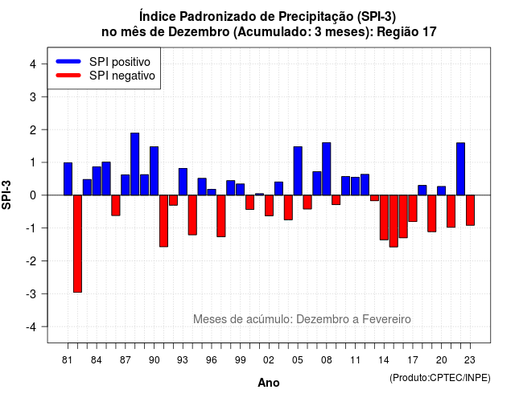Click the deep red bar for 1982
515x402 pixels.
pos(77,244)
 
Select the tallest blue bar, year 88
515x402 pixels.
pos(134,164)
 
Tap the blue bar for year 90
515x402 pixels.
pos(154,171)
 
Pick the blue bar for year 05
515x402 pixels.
pos(298,171)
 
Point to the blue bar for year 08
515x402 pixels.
pos(327,169)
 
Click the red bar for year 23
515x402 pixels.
pos(470,210)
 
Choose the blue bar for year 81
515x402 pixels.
pos(68,178)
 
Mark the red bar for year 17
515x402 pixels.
pos(413,208)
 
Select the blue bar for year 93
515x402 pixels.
pos(183,182)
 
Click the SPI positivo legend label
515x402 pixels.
pos(120,62)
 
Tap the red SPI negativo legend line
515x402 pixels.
pos(68,76)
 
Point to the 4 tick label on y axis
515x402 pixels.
pos(33,64)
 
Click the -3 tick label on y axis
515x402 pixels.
pos(31,293)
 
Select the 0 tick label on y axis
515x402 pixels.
pos(33,195)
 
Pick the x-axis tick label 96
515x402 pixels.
pos(212,360)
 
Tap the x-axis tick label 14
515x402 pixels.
pos(384,360)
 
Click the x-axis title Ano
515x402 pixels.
pos(269,383)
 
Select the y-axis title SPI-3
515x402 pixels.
pos(6,195)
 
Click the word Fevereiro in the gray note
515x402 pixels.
pos(386,319)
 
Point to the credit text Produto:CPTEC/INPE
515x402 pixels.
pos(440,378)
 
